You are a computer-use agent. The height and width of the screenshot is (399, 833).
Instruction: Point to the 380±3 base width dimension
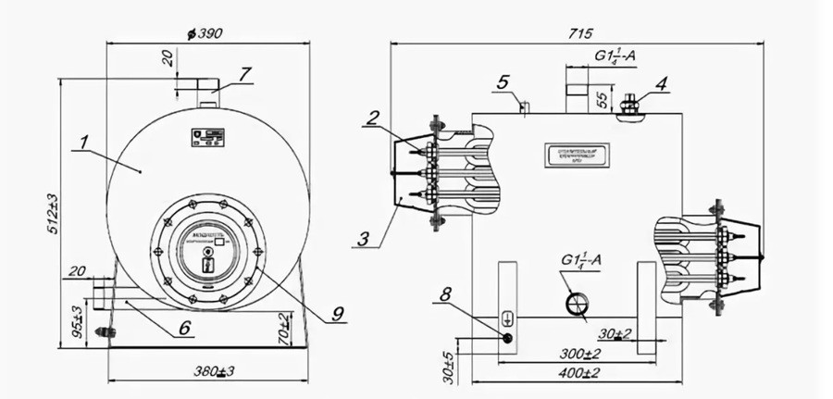coord(213,372)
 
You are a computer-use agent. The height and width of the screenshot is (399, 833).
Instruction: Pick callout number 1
coord(82,143)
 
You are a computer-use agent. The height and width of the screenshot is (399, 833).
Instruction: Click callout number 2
coord(372,118)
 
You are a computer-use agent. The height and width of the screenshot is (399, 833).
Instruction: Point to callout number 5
coord(503,83)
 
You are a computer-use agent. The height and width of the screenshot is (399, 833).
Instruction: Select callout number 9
coord(335,315)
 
